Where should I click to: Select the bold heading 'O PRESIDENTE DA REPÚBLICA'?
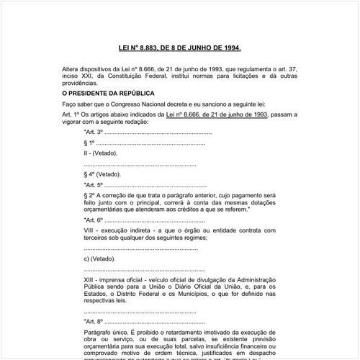coord(108,93)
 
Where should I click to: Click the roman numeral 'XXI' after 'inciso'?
coord(93,77)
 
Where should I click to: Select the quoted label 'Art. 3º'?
coord(94,133)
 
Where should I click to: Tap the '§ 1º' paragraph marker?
coord(91,143)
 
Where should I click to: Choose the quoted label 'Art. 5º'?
coord(94,184)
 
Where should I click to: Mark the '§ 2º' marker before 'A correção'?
coord(91,195)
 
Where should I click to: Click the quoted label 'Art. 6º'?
coord(94,219)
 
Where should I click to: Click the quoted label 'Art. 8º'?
coord(94,322)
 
